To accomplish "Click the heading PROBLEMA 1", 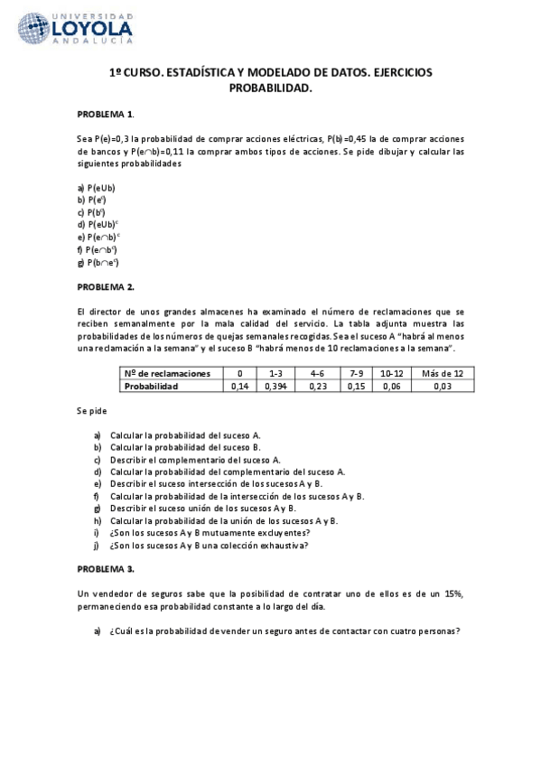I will click(105, 114).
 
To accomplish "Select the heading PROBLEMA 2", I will click(106, 286).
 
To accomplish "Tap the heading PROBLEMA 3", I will click(106, 569).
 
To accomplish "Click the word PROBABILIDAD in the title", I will click(270, 89).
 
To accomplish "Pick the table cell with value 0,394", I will click(274, 386).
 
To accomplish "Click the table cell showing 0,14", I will click(239, 386).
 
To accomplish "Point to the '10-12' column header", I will click(392, 373).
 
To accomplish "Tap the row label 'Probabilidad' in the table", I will click(152, 386).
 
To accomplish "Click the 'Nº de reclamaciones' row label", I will click(167, 373).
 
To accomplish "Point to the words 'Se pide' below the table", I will click(91, 410).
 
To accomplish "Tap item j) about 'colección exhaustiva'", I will click(210, 546).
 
